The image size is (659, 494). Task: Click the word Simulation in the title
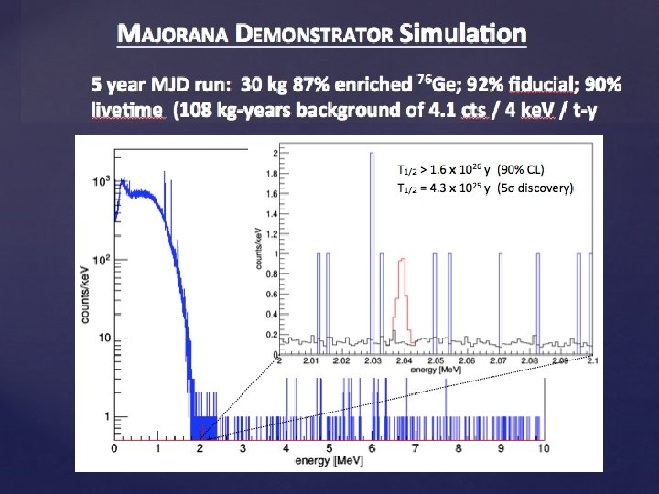pyautogui.click(x=463, y=35)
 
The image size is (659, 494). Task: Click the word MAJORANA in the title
pyautogui.click(x=174, y=36)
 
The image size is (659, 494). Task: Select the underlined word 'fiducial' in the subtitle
pyautogui.click(x=531, y=85)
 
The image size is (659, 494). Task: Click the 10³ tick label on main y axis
pyautogui.click(x=102, y=181)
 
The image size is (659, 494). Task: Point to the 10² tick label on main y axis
pyautogui.click(x=102, y=260)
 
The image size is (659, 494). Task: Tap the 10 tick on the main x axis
pyautogui.click(x=544, y=448)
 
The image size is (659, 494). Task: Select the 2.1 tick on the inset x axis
pyautogui.click(x=592, y=362)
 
